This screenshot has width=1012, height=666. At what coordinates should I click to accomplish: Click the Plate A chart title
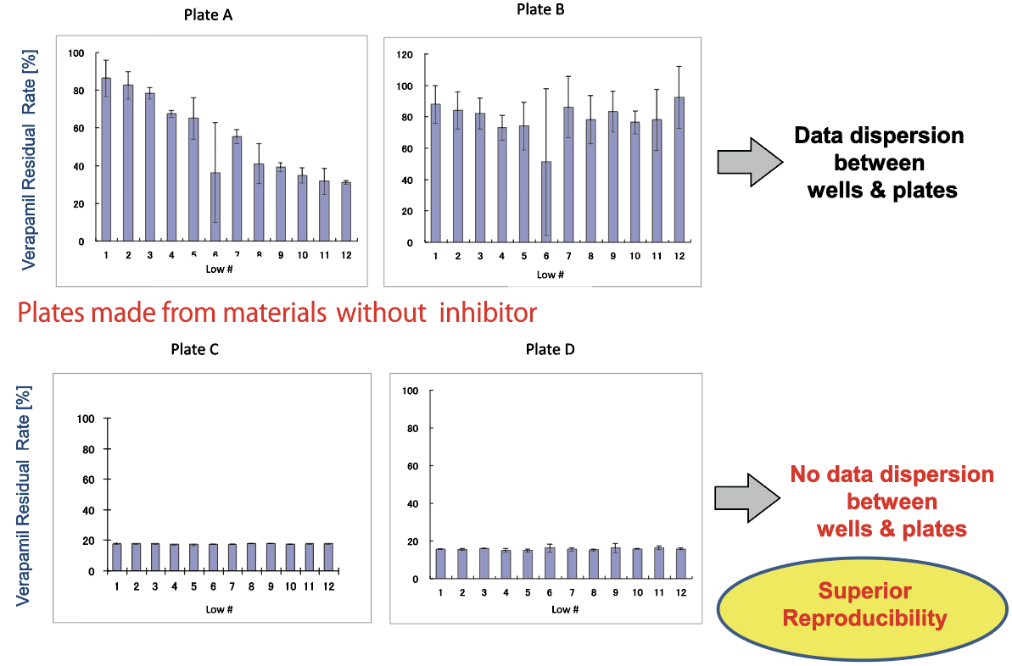209,14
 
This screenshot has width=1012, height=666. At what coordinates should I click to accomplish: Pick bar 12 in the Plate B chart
679,169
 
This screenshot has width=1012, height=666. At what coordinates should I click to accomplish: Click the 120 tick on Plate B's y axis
405,55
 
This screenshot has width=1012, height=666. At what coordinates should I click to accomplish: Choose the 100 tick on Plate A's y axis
77,53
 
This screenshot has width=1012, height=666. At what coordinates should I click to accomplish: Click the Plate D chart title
551,349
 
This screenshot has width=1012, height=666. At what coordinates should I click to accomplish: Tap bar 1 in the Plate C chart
116,557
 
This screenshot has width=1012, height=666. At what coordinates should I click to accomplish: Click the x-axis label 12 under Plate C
328,586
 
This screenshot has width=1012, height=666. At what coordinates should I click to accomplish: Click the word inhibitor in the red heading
484,313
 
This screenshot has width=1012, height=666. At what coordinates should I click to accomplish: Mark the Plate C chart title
195,349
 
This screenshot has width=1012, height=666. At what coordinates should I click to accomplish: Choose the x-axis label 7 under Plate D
573,591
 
